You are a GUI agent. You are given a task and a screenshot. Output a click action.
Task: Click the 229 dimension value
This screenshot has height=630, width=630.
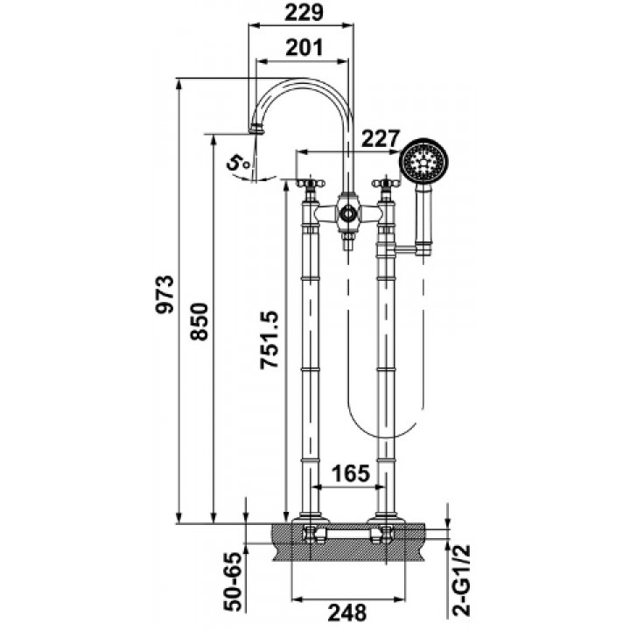tap(304, 12)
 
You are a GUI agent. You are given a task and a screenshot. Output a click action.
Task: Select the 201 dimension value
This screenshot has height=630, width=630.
tap(304, 48)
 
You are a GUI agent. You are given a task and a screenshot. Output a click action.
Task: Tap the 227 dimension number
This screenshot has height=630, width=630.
tap(381, 139)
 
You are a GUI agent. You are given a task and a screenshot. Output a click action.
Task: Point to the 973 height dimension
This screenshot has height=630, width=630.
tap(165, 294)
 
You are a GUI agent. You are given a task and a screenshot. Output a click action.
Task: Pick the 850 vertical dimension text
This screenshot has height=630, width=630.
tap(199, 322)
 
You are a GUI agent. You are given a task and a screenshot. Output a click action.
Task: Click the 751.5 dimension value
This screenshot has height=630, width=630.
tap(269, 339)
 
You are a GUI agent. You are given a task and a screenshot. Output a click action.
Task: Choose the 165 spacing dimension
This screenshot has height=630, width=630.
tap(350, 473)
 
